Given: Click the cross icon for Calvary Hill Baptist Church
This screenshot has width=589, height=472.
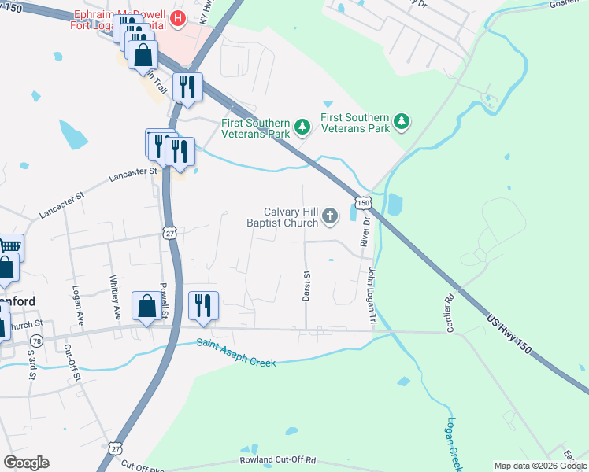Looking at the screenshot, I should click(331, 215).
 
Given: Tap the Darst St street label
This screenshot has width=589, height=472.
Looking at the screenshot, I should click(307, 286).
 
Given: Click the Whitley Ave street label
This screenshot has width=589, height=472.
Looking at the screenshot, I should click(116, 297).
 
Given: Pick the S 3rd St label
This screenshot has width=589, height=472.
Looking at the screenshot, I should click(31, 363).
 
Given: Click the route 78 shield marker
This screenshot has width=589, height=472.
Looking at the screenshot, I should click(37, 341).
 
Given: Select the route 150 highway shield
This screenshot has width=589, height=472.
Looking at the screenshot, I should click(362, 203).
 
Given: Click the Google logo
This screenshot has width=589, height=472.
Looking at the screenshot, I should click(26, 463).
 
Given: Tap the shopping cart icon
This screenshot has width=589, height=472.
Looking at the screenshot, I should click(9, 247).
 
